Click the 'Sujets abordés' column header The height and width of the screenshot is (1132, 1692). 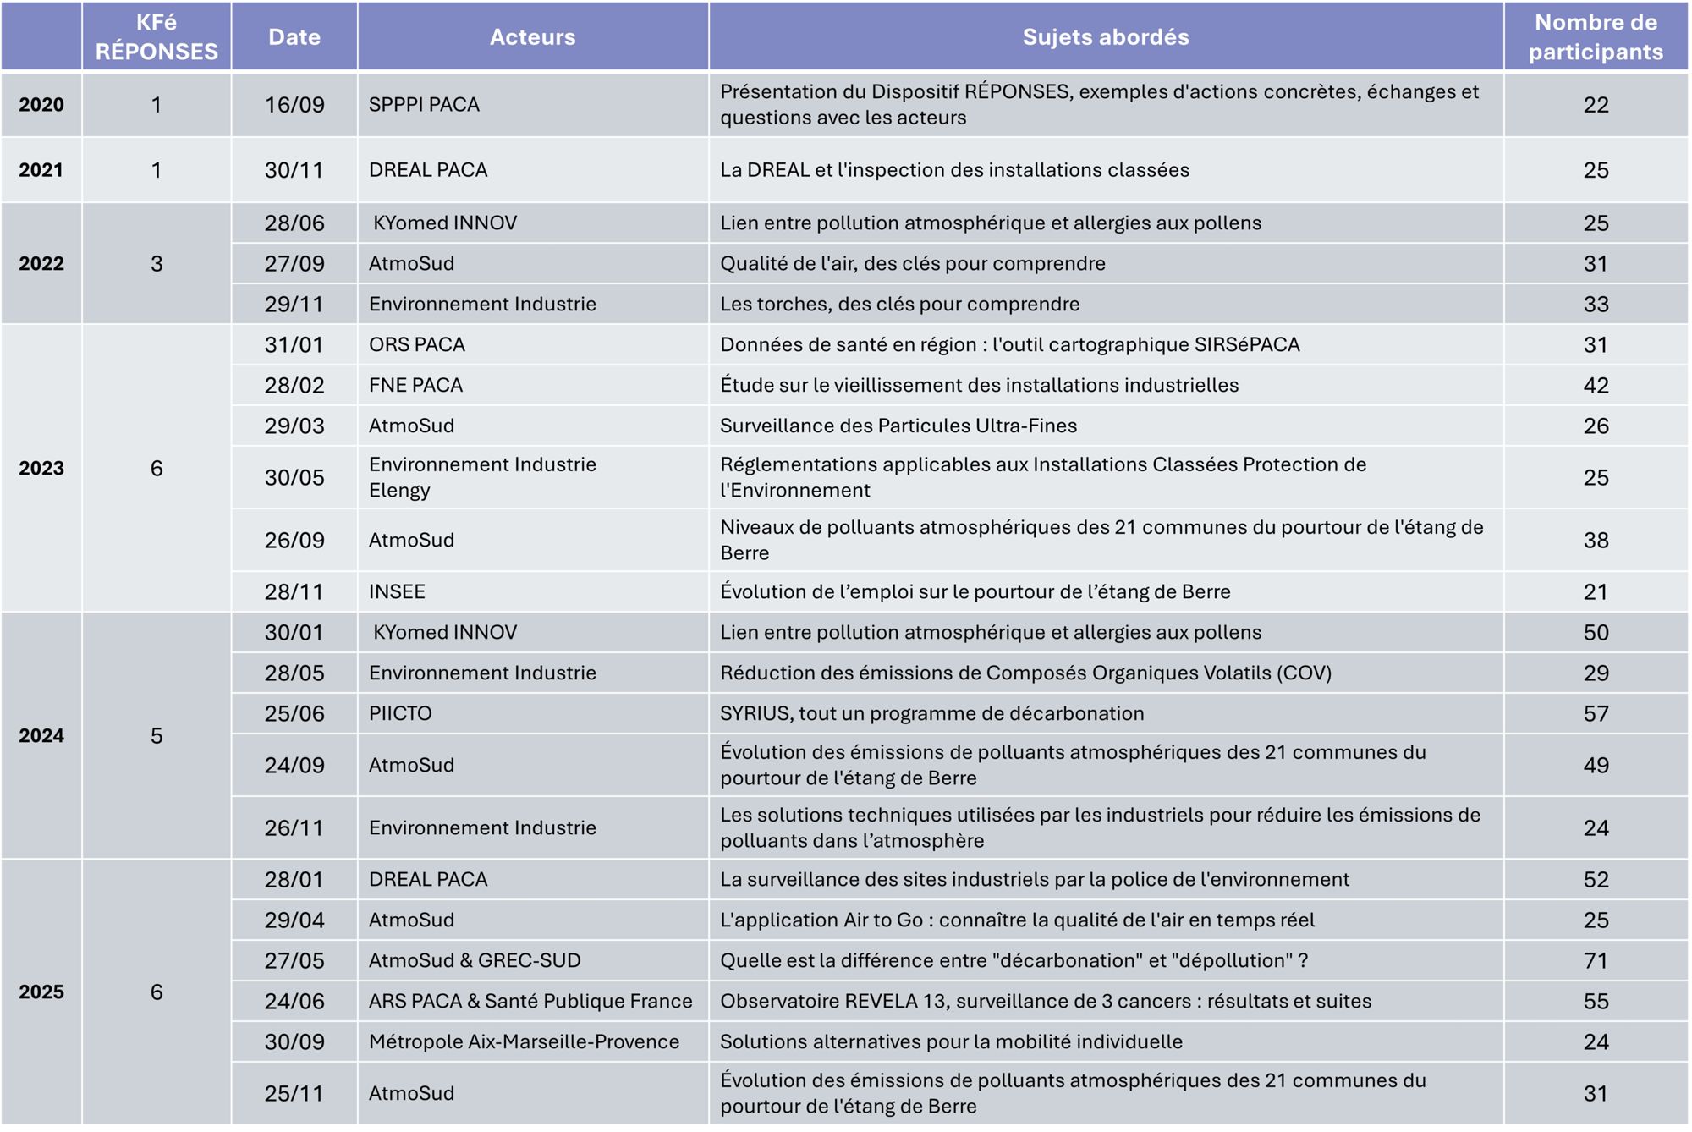pyautogui.click(x=1105, y=37)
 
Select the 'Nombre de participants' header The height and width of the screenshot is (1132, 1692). pyautogui.click(x=1595, y=37)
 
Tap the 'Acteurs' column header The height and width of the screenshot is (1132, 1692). pyautogui.click(x=532, y=37)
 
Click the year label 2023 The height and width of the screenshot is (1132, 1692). pyautogui.click(x=41, y=469)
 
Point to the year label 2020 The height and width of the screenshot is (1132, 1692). pyautogui.click(x=41, y=105)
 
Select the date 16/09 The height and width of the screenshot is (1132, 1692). pyautogui.click(x=294, y=105)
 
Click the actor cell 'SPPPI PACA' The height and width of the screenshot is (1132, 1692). pyautogui.click(x=424, y=105)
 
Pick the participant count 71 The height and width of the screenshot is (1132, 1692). pyautogui.click(x=1596, y=961)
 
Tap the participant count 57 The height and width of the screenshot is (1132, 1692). pyautogui.click(x=1596, y=714)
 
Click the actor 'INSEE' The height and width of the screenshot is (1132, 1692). pyautogui.click(x=397, y=592)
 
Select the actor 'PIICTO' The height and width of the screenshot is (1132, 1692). pyautogui.click(x=400, y=714)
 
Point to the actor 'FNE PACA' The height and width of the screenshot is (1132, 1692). pyautogui.click(x=415, y=386)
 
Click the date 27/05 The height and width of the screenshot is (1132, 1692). pyautogui.click(x=294, y=961)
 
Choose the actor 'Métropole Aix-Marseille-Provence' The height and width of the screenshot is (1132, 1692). pyautogui.click(x=524, y=1042)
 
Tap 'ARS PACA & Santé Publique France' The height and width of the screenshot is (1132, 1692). pyautogui.click(x=530, y=1002)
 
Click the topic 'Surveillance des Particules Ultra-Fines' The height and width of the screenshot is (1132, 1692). pyautogui.click(x=898, y=426)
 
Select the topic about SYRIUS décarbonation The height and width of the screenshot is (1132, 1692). pyautogui.click(x=931, y=714)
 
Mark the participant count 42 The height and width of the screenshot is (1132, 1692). pyautogui.click(x=1596, y=386)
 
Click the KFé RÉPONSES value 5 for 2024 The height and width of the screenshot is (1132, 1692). pyautogui.click(x=157, y=736)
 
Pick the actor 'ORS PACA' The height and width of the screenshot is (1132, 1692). pyautogui.click(x=417, y=345)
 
